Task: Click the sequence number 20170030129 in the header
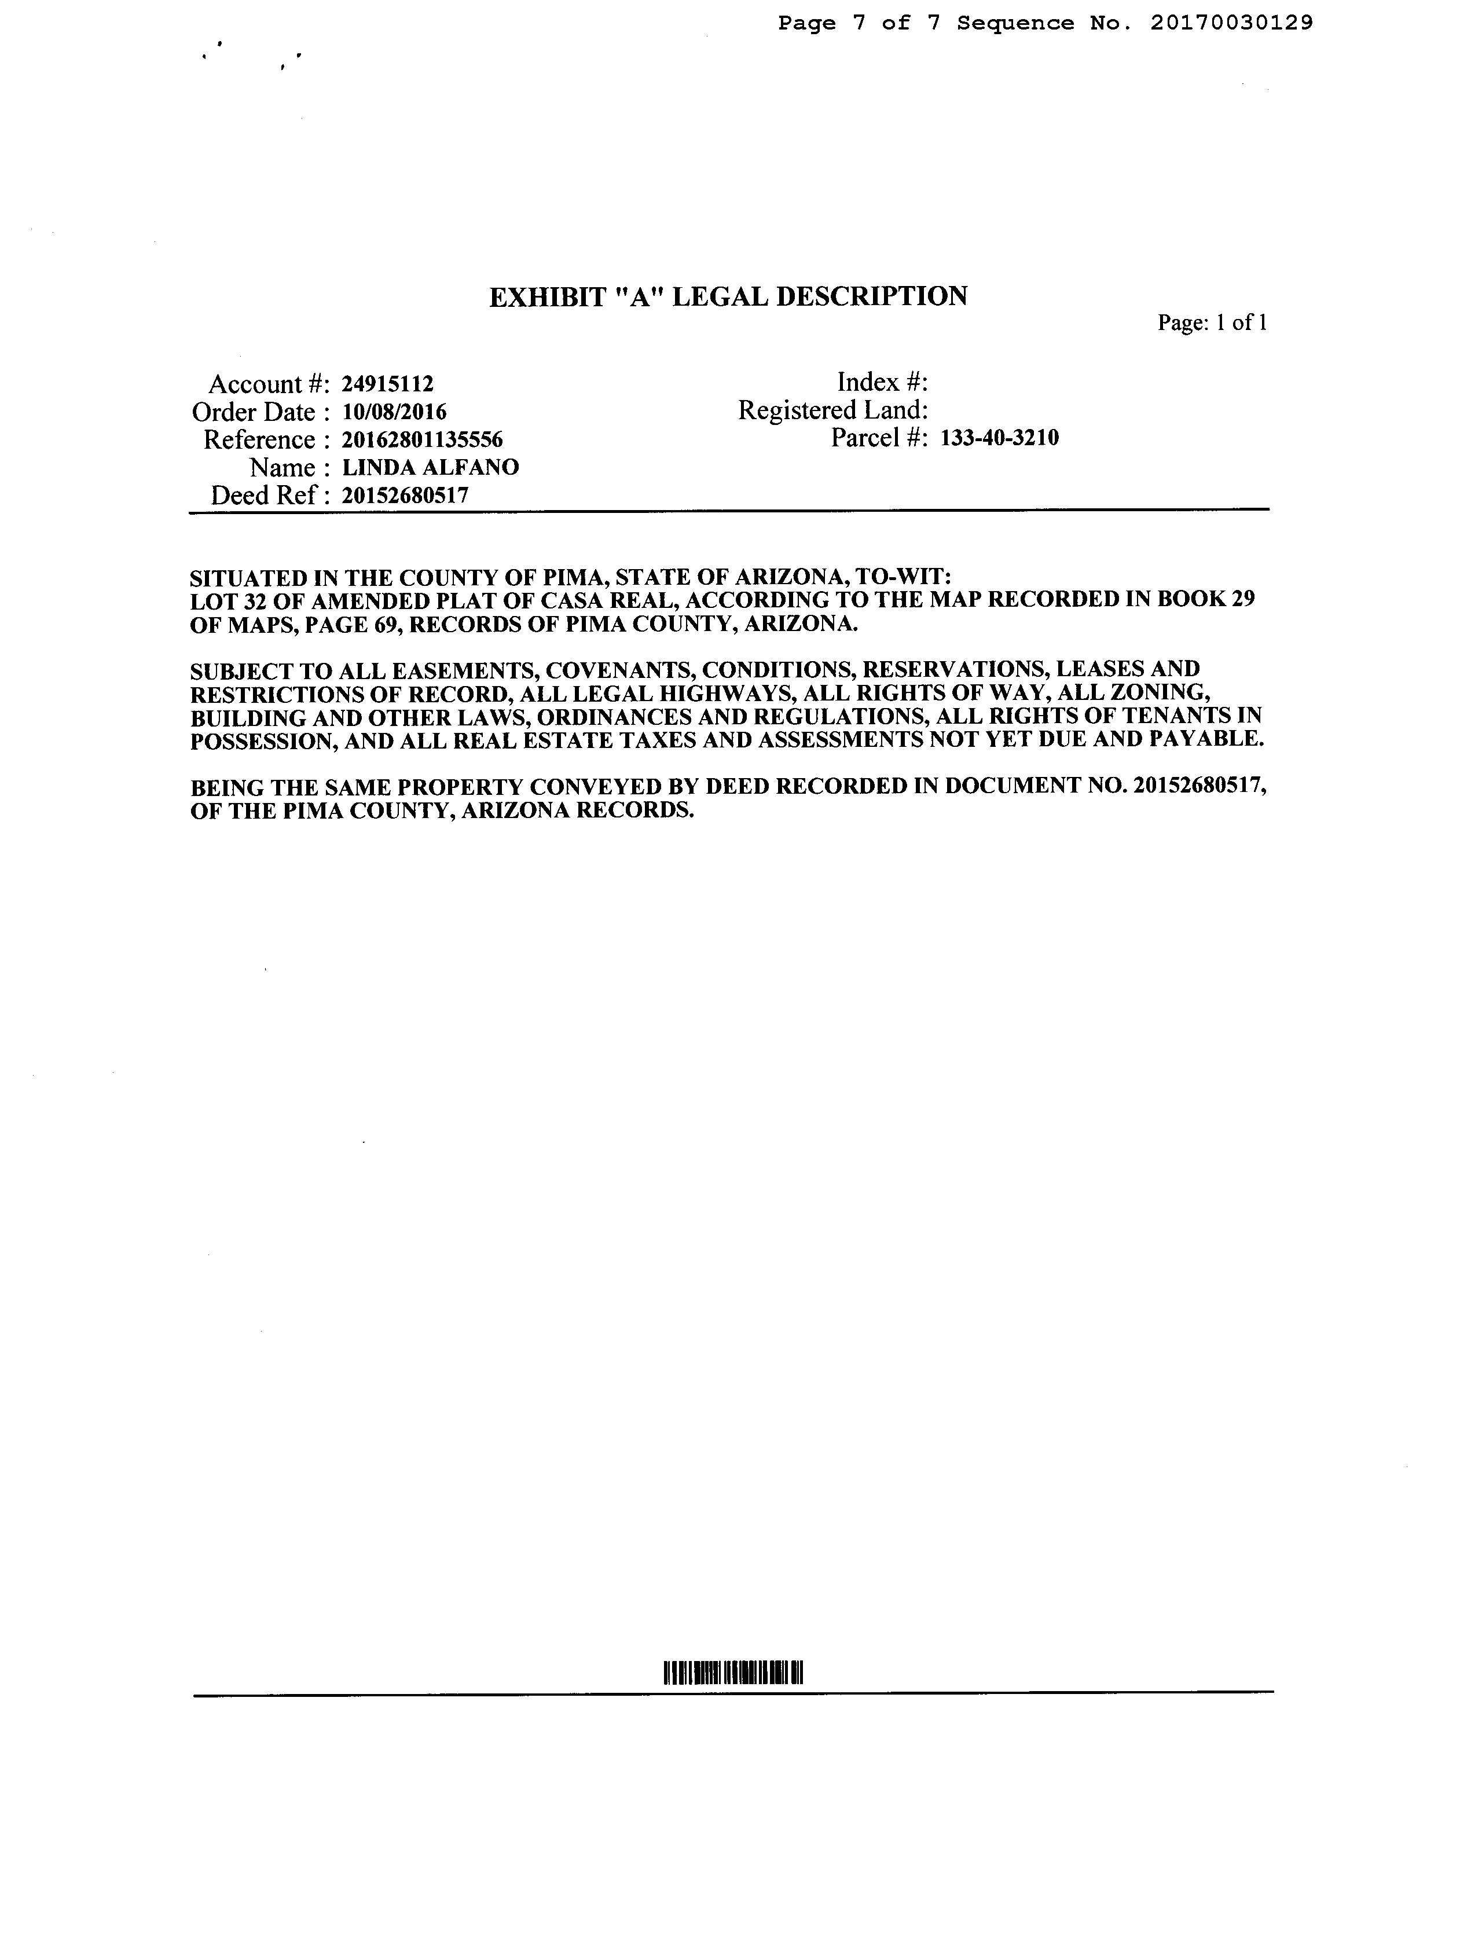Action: (x=1231, y=23)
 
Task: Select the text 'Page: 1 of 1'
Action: (x=1212, y=323)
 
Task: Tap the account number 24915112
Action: (x=387, y=384)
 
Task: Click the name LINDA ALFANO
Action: (x=431, y=467)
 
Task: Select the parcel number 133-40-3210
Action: (x=999, y=438)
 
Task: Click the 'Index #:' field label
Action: (x=882, y=382)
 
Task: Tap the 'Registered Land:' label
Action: (x=832, y=410)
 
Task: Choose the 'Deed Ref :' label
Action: (x=270, y=495)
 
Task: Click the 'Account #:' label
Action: (x=269, y=384)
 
